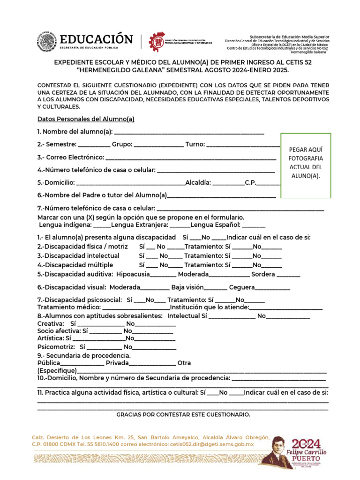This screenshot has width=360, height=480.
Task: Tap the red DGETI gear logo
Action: click(157, 42)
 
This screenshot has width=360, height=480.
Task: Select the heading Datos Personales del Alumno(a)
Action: click(86, 119)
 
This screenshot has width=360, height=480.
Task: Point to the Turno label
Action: click(195, 144)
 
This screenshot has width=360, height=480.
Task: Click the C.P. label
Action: click(250, 182)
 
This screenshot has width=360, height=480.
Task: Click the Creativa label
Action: click(50, 324)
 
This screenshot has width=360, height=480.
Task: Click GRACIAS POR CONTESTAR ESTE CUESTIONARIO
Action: click(183, 415)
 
